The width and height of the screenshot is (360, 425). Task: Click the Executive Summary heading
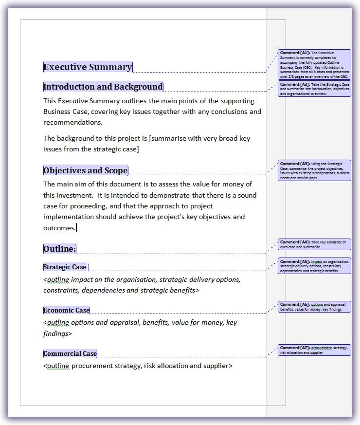pos(88,67)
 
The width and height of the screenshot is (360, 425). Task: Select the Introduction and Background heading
pos(103,87)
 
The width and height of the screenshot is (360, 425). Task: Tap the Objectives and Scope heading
pos(85,170)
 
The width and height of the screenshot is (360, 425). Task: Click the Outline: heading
pos(59,249)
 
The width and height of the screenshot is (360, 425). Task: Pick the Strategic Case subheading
pos(65,267)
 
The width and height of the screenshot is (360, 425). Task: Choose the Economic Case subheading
pos(66,310)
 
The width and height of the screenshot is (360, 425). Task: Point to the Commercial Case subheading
pos(70,353)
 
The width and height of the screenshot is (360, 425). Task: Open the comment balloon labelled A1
pos(314,64)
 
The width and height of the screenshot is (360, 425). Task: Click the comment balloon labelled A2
pos(314,89)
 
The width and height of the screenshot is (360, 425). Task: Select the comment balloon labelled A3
pos(314,170)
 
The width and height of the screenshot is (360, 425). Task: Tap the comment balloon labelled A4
pos(314,244)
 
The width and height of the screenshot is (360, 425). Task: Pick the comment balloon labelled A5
pos(314,266)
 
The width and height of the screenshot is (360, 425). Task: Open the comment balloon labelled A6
pos(314,307)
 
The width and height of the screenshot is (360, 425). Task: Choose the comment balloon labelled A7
pos(314,350)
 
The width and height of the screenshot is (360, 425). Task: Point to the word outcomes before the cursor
pos(59,227)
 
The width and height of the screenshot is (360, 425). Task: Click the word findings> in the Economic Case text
pos(57,333)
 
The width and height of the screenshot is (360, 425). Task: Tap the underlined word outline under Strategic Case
pos(58,279)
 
